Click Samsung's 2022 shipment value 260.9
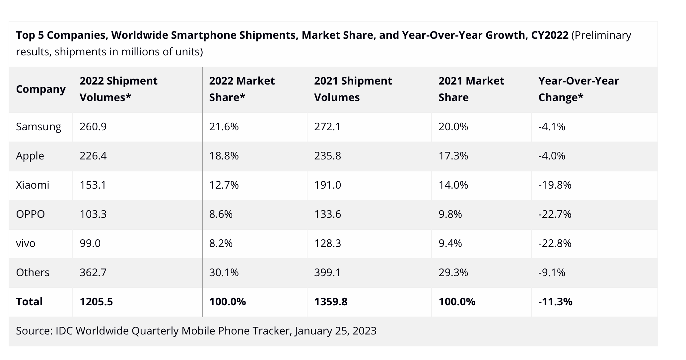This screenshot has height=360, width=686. point(93,127)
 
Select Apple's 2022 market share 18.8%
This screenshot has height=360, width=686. point(224,156)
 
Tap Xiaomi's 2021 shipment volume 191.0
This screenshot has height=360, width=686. point(327,185)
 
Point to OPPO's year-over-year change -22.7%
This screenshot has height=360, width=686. point(555,214)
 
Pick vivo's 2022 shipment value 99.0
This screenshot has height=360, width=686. point(90,243)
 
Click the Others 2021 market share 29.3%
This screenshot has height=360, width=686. point(453,272)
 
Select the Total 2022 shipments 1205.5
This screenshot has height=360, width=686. point(96,302)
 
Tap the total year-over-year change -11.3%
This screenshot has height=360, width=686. point(555,302)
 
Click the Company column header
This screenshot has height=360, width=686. point(40,89)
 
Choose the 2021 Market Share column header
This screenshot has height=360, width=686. point(471,89)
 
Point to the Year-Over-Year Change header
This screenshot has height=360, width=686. point(578,89)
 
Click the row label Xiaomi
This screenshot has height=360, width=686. point(33,185)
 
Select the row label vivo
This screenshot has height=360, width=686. point(26,243)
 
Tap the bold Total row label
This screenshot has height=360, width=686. point(29,302)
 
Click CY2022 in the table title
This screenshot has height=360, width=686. point(550,35)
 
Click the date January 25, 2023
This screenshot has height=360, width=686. point(335,331)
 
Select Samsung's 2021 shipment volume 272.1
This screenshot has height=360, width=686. point(327,127)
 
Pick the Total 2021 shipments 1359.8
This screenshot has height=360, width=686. point(330,302)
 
